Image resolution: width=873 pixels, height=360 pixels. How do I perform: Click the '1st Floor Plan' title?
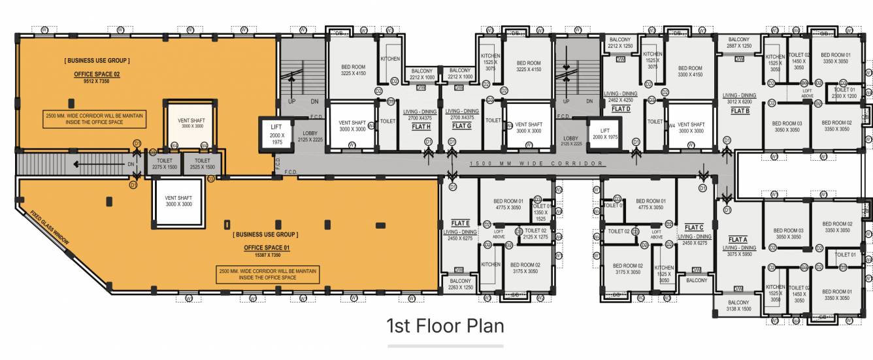pos(445,325)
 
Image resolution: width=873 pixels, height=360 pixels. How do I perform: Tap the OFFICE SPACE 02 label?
pos(97,74)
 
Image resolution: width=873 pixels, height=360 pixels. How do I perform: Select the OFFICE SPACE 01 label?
pos(266,248)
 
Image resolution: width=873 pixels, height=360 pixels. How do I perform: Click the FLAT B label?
pos(740,111)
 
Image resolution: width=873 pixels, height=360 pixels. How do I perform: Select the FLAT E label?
pos(460,223)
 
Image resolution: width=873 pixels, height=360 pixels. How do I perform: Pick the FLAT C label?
pos(693,227)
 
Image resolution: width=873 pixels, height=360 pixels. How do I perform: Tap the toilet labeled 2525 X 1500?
pos(202,163)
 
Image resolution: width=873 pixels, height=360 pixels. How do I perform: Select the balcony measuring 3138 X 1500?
pos(738,306)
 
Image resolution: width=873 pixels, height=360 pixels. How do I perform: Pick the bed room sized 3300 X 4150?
pos(690,71)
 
